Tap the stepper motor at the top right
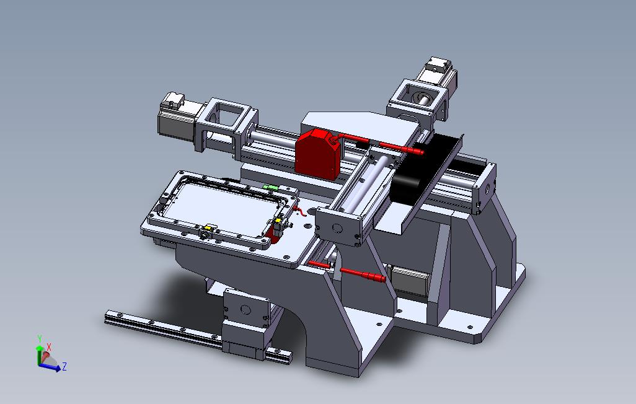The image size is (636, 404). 438,75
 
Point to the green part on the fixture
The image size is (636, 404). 270,187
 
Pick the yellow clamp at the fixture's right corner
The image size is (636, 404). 278,221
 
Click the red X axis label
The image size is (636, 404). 49,347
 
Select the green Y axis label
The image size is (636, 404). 40,339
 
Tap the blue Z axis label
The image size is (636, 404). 64,367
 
